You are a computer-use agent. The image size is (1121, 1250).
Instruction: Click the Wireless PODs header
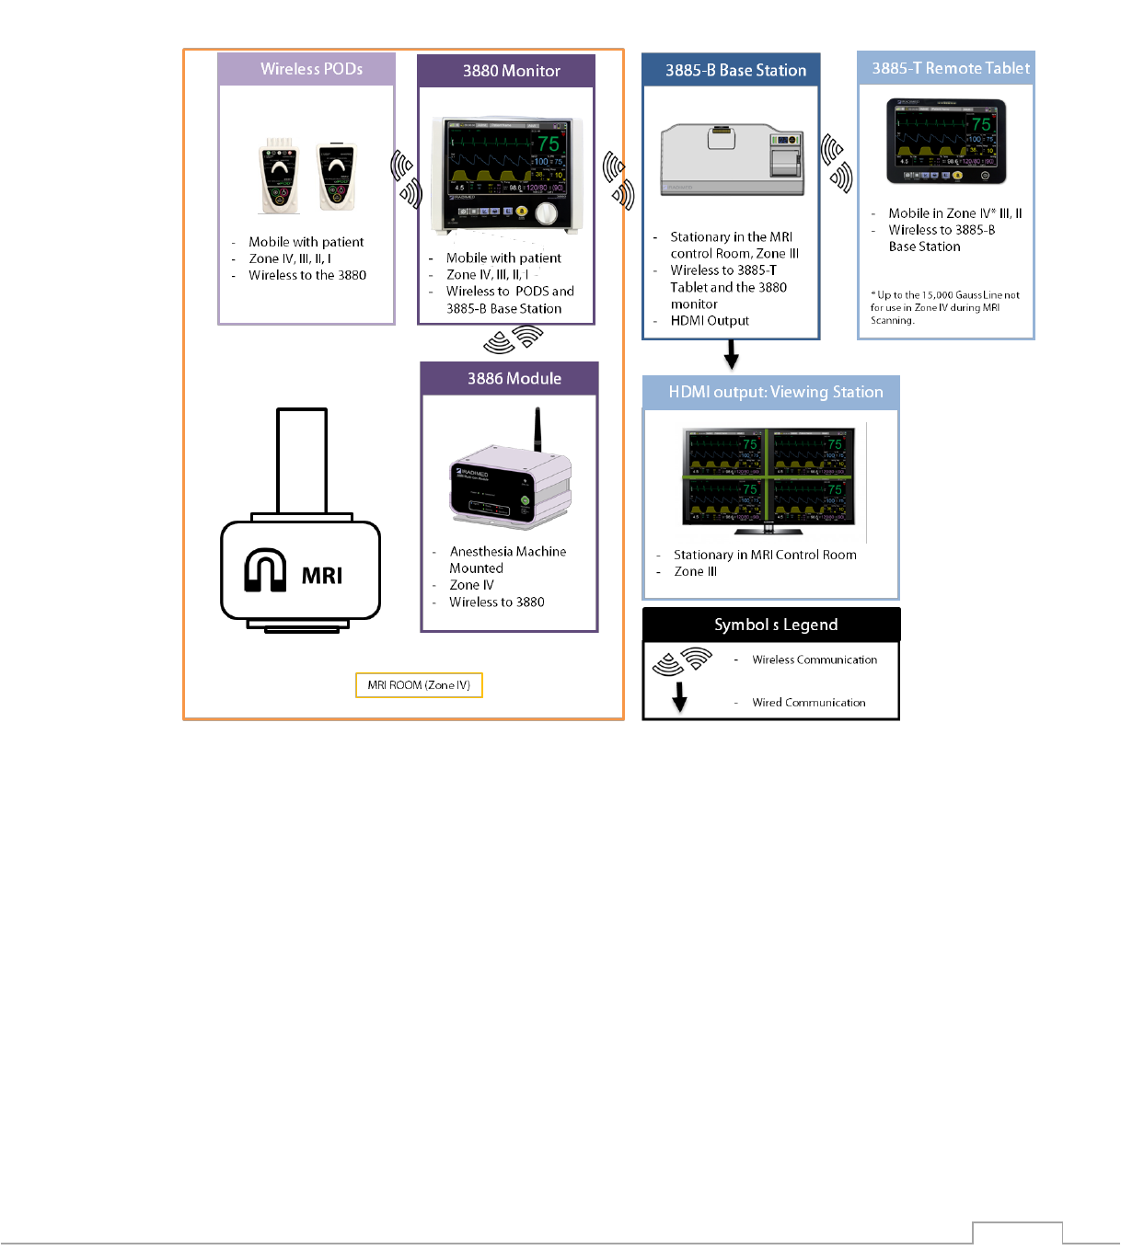tap(311, 69)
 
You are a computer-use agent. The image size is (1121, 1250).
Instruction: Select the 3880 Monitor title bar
tap(511, 71)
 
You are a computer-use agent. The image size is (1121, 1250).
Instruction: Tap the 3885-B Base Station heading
tap(735, 70)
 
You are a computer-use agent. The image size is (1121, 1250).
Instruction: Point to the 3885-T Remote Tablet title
tap(950, 68)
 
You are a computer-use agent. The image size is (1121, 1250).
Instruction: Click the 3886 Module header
tap(514, 378)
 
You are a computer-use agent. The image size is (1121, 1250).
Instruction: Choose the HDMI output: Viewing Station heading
tap(775, 392)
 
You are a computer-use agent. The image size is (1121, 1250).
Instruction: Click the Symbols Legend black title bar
tap(775, 625)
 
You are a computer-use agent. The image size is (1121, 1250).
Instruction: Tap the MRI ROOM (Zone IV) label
tap(419, 685)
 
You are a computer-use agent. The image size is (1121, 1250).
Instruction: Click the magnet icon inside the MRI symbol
tap(265, 570)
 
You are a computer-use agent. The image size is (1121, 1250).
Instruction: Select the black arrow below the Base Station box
tap(732, 354)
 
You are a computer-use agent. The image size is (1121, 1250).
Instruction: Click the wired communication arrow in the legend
tap(679, 696)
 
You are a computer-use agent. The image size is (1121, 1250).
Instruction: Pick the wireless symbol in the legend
tap(682, 660)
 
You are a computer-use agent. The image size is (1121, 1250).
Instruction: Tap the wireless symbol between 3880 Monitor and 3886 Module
tap(513, 339)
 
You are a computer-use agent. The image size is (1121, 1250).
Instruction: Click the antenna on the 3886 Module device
tap(537, 430)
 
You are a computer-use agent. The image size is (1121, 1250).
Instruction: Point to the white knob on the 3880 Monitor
tap(547, 213)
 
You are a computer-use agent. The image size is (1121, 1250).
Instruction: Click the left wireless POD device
tap(279, 176)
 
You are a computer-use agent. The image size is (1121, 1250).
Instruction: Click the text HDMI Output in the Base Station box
tap(710, 321)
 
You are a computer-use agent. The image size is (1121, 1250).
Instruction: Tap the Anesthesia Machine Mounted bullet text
tap(507, 559)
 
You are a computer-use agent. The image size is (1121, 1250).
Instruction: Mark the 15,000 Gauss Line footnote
tap(944, 307)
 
